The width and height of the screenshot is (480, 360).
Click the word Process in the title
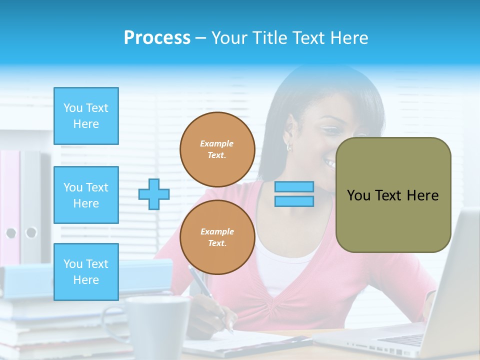tap(157, 38)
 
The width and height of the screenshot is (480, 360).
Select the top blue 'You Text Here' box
tap(86, 116)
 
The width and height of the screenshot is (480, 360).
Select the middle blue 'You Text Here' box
tap(86, 195)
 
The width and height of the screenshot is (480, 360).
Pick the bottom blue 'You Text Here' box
tap(86, 272)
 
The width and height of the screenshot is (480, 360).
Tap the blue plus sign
tap(154, 194)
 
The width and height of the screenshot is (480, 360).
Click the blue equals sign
tap(294, 194)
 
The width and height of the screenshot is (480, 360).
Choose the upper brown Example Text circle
tap(217, 149)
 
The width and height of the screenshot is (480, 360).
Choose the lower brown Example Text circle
tap(217, 237)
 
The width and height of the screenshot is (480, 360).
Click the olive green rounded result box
tap(393, 195)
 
